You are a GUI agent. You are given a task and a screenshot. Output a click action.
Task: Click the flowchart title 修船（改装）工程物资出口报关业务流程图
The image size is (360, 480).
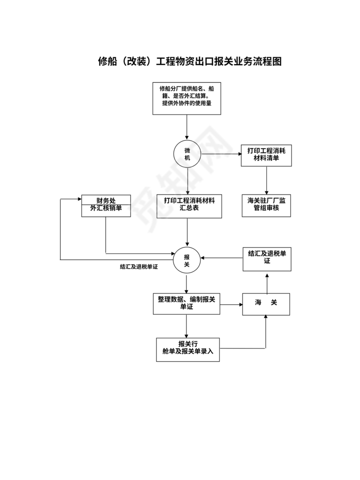[190, 62]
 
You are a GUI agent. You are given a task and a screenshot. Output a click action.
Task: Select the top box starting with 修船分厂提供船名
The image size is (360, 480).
[187, 99]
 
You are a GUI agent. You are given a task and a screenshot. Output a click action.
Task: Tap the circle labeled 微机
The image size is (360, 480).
[187, 154]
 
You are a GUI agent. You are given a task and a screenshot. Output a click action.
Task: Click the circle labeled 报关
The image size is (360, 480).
[187, 260]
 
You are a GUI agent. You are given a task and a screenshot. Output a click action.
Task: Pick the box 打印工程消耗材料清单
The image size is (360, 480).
[266, 155]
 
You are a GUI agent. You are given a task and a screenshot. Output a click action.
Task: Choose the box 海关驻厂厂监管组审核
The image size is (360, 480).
[266, 205]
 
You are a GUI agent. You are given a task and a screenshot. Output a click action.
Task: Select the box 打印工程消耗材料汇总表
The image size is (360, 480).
[190, 206]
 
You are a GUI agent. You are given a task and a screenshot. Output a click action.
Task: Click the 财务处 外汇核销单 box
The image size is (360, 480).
[106, 205]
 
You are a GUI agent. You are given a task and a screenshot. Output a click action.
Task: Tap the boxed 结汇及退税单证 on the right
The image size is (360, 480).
[266, 259]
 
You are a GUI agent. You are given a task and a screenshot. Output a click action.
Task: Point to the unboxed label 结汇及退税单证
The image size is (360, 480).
[138, 267]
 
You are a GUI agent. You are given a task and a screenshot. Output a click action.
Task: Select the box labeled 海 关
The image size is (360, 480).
[266, 303]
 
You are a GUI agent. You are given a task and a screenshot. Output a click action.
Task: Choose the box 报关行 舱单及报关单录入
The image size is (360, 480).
[188, 349]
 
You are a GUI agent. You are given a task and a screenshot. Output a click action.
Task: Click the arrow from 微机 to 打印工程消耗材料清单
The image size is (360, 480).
[221, 154]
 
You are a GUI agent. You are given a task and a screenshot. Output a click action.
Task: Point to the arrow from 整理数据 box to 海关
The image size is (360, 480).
[231, 304]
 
